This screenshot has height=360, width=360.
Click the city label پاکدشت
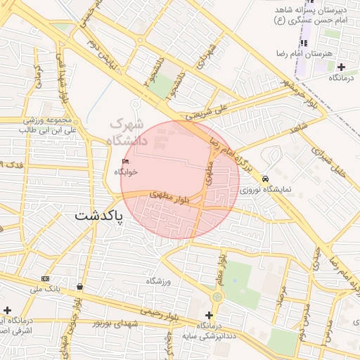(x=98, y=216)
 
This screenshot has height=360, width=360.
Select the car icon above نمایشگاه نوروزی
(x=264, y=179)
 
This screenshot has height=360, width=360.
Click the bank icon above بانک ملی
(x=46, y=278)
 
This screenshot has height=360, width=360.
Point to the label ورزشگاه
(x=159, y=281)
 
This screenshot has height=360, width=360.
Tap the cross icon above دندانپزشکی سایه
(x=208, y=315)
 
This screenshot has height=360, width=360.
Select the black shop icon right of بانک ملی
(x=79, y=287)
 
